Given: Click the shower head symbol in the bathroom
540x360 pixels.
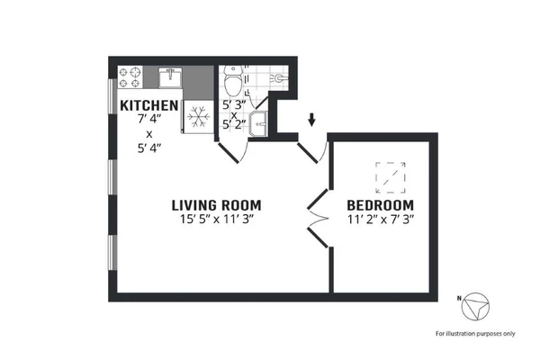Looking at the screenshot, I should (x=280, y=80).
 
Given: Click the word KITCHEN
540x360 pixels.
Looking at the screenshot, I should (x=148, y=105).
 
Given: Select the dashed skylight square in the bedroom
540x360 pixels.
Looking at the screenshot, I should (x=390, y=177).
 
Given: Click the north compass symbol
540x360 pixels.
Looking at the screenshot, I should (x=474, y=307).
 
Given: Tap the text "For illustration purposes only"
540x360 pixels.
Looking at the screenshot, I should (x=475, y=334).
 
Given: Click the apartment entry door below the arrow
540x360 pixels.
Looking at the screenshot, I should (x=310, y=151).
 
